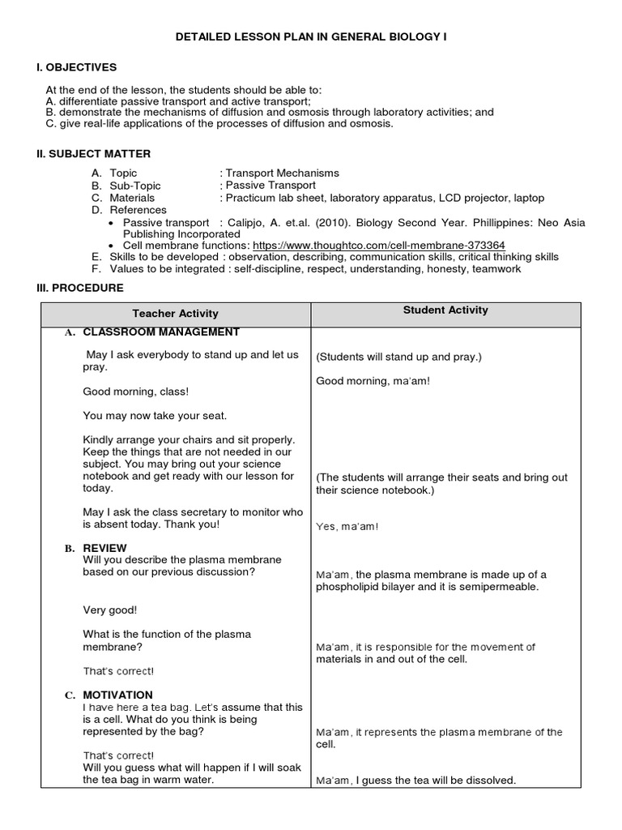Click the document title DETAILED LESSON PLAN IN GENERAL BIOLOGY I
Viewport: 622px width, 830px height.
tap(310, 37)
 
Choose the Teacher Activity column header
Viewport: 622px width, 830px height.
tap(175, 314)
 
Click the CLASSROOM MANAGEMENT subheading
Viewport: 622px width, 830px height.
tap(160, 332)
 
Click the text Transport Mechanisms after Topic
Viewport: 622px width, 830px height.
tap(283, 173)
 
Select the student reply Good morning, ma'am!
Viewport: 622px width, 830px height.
tap(373, 381)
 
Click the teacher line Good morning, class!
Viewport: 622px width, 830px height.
tap(135, 391)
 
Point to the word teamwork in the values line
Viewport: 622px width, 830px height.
tap(497, 269)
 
